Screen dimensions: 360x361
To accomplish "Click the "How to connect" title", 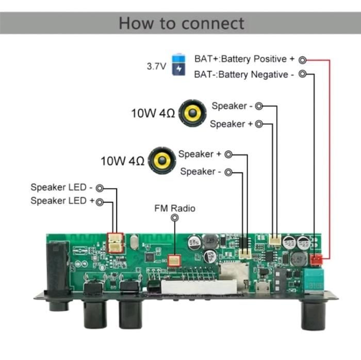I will pos(181,23).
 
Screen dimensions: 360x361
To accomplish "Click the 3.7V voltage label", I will pos(156,66).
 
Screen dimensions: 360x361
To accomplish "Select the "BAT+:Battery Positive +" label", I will pos(244,59).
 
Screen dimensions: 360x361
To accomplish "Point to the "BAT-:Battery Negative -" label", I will pos(244,75).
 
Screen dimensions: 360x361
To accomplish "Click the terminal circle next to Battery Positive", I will pos(303,60).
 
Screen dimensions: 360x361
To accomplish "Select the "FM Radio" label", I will pos(175,208).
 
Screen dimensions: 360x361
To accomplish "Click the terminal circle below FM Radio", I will pos(175,218).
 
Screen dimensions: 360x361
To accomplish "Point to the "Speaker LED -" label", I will pos(61,187).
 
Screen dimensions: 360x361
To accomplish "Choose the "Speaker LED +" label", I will pos(62,201).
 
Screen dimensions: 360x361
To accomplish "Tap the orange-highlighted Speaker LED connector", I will pos(115,242).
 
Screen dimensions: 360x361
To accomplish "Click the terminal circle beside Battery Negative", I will pos(303,74).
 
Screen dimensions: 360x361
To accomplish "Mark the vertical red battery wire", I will pos(329,155).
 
